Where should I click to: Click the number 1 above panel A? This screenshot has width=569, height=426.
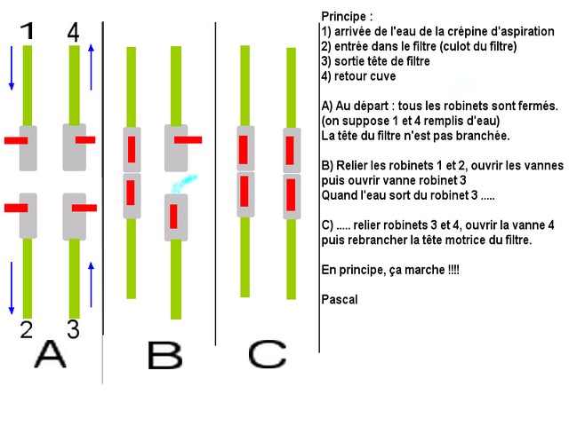pyautogui.click(x=28, y=31)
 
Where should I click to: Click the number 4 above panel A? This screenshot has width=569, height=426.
pyautogui.click(x=73, y=32)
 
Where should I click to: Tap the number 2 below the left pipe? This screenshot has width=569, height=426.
pyautogui.click(x=26, y=329)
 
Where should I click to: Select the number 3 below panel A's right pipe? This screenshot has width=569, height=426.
pyautogui.click(x=73, y=329)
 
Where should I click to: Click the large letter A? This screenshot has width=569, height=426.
pyautogui.click(x=50, y=354)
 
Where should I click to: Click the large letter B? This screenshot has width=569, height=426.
pyautogui.click(x=164, y=356)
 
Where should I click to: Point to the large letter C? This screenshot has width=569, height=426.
pyautogui.click(x=268, y=354)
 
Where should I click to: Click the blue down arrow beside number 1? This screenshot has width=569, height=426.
pyautogui.click(x=12, y=67)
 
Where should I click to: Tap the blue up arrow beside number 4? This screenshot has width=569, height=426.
pyautogui.click(x=91, y=67)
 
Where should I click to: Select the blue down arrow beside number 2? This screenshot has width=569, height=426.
pyautogui.click(x=12, y=288)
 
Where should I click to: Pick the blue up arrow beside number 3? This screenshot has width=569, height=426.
pyautogui.click(x=91, y=285)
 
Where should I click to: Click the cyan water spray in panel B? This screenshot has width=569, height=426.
pyautogui.click(x=184, y=184)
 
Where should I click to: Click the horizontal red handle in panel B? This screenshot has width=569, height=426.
pyautogui.click(x=188, y=140)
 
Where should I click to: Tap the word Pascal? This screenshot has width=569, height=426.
pyautogui.click(x=340, y=300)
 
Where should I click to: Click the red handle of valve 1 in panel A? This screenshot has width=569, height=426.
pyautogui.click(x=16, y=140)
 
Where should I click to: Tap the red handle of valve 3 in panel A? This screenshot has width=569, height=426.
pyautogui.click(x=84, y=208)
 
